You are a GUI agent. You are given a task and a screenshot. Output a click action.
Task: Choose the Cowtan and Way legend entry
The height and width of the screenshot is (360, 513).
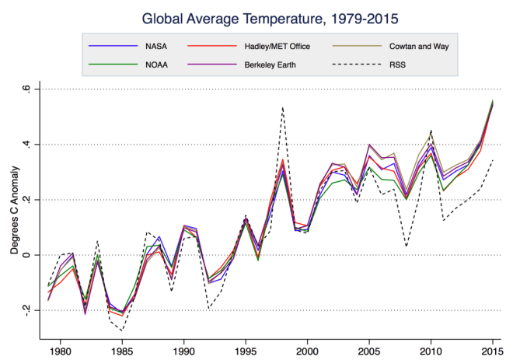[x=407, y=46]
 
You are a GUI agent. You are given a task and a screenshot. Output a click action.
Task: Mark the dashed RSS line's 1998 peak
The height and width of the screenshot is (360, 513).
[x=282, y=107]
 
